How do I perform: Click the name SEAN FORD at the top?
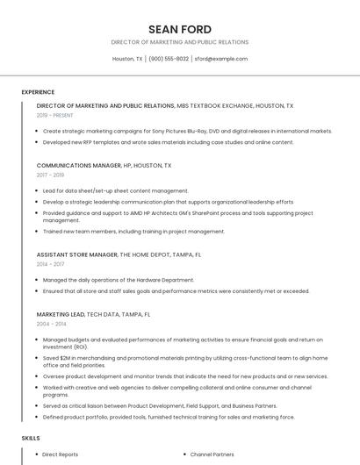[179, 29]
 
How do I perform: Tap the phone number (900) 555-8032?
[169, 59]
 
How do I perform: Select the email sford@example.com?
[220, 59]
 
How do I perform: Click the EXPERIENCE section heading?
[38, 92]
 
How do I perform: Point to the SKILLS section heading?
[31, 437]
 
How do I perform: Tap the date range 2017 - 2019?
[51, 175]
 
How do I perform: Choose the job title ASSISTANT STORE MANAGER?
[77, 254]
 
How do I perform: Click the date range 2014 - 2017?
[51, 264]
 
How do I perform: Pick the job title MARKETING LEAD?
[61, 314]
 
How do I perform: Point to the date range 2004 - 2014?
[51, 324]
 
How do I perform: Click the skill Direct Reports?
[61, 454]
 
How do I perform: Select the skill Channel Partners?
[212, 454]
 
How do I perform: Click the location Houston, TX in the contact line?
[127, 59]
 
